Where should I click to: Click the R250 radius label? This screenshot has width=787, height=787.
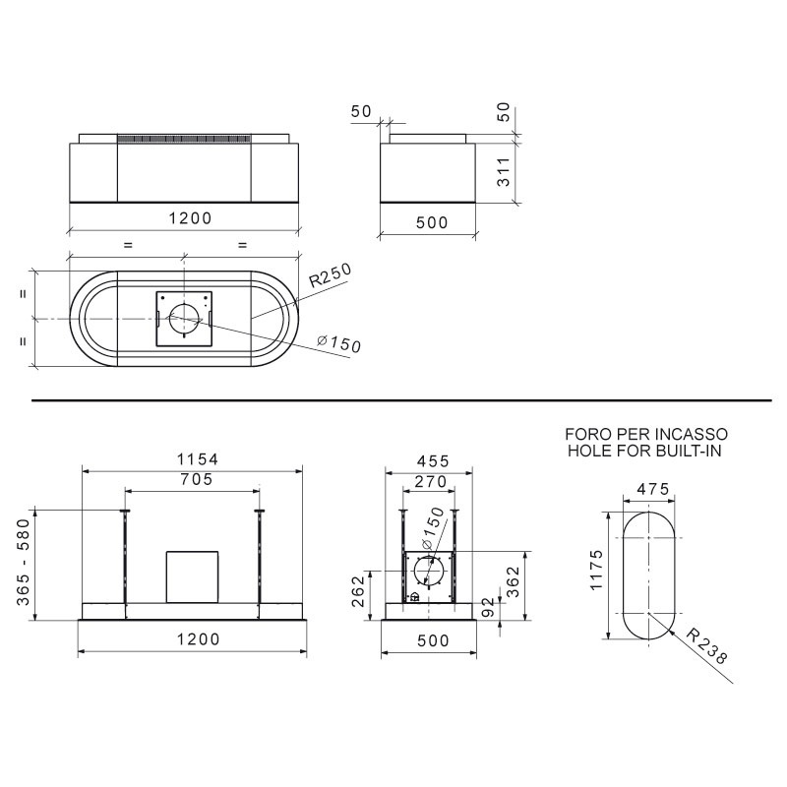coord(330,275)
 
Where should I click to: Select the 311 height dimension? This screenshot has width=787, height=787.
coord(504,171)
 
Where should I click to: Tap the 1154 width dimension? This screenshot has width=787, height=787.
coord(198,459)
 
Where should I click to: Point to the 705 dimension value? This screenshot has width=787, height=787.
coord(197,479)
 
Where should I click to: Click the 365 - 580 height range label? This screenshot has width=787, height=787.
coord(24,562)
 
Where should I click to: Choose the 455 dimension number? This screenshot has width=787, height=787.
coord(433,460)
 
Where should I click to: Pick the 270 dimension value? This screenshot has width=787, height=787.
coord(431,482)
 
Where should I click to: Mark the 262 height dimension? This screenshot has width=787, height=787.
coord(357,591)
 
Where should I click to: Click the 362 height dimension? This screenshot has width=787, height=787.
coord(513,582)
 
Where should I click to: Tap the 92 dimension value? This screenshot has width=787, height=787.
coord(487,607)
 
